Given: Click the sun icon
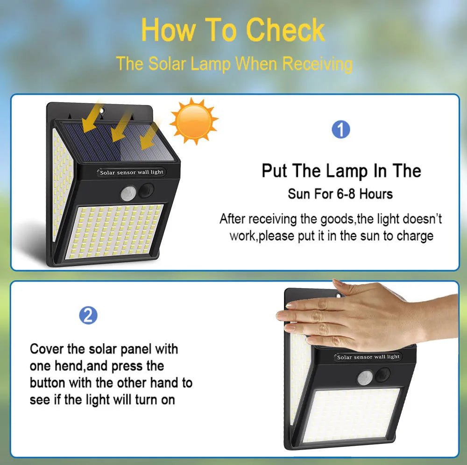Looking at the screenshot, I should (193, 120).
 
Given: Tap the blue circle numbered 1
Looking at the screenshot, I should (340, 129).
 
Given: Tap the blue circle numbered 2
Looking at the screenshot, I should (88, 316).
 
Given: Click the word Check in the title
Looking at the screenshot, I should (285, 30).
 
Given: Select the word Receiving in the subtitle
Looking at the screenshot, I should (317, 63).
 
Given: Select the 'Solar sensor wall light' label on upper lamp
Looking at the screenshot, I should (132, 172).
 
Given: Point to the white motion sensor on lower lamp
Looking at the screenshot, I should (365, 377).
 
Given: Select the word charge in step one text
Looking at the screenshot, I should (415, 236).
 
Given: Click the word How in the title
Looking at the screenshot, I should (167, 30).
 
